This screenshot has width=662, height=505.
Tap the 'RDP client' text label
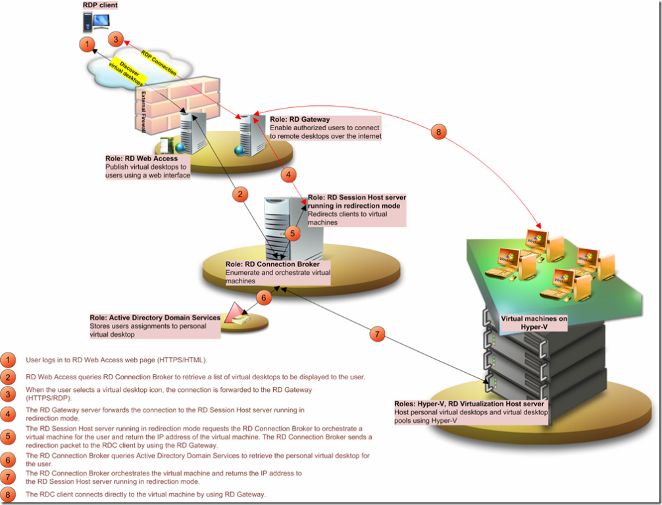(100, 5)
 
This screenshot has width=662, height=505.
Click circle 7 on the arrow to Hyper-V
(376, 334)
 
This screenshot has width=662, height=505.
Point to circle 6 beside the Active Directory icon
(263, 298)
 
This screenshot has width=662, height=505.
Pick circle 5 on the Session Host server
(293, 232)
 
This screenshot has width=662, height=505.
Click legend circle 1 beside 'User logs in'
(9, 360)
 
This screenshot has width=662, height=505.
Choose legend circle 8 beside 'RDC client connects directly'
(9, 494)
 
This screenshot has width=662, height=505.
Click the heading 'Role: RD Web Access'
(141, 158)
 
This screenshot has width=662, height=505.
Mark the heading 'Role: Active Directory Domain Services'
(155, 318)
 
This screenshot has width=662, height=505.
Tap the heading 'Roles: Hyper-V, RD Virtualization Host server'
(468, 404)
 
